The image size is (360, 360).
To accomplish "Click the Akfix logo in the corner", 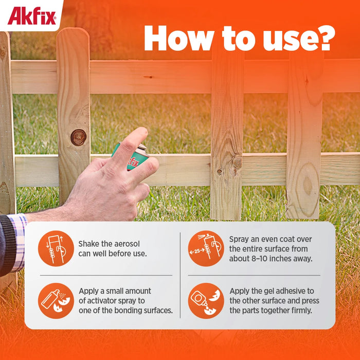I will pos(31,15).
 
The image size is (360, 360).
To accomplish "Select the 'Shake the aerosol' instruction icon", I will pos(56,248).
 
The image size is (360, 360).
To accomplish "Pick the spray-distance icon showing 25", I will pos(206,248).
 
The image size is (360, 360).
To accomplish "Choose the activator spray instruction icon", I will pos(56,300).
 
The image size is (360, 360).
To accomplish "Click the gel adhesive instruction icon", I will pos(206,300).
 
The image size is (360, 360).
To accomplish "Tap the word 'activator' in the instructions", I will pos(103,300).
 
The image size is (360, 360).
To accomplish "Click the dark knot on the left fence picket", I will pos(78,137).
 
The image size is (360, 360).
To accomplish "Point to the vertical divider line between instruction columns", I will pos(180,275).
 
